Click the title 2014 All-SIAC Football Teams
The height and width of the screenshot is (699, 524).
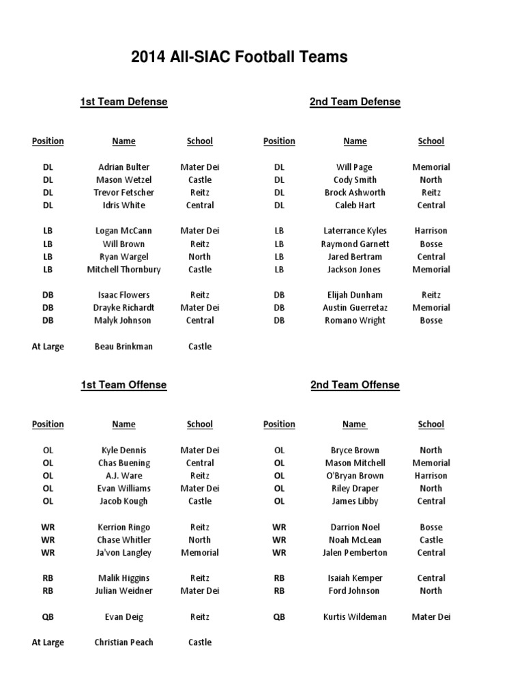[239, 57]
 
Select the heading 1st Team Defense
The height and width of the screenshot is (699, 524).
[123, 102]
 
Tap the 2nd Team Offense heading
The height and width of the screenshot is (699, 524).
[355, 385]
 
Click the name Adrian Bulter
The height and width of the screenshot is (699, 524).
[123, 167]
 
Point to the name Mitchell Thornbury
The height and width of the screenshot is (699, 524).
[123, 270]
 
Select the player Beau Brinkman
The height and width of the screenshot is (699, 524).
[123, 347]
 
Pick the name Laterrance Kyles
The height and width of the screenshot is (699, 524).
[355, 231]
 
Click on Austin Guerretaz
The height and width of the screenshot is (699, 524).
[355, 308]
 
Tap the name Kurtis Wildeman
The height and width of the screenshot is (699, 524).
[355, 617]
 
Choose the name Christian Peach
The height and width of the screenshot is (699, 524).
[123, 642]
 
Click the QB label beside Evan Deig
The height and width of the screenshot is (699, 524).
[48, 617]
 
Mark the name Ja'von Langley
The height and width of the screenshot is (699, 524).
[123, 553]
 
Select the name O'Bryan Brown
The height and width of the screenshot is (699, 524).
[355, 476]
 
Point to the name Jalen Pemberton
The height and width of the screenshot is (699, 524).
[355, 553]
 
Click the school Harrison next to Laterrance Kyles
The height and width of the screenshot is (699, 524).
[431, 231]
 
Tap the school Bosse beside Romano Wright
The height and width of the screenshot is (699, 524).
[431, 321]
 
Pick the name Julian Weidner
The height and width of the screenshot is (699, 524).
[123, 591]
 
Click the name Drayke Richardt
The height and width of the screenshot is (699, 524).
[123, 308]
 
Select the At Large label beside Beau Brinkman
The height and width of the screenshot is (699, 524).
[48, 347]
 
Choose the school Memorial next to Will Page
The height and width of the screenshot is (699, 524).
[431, 167]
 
